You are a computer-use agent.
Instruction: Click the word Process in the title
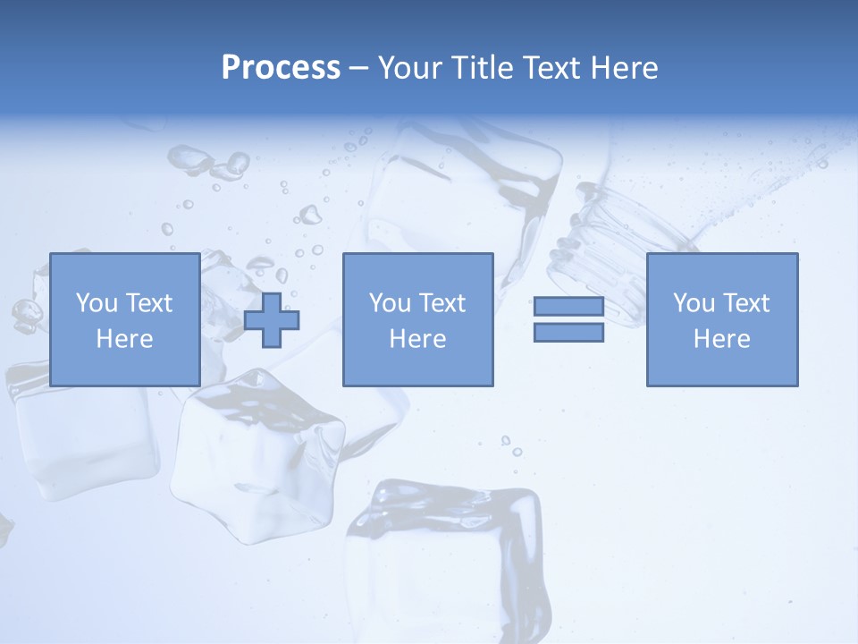pyautogui.click(x=281, y=68)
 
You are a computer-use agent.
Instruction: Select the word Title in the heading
pyautogui.click(x=484, y=68)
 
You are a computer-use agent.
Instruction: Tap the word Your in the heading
pyautogui.click(x=412, y=68)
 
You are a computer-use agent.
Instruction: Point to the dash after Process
pyautogui.click(x=359, y=68)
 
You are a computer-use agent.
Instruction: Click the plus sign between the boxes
pyautogui.click(x=272, y=319)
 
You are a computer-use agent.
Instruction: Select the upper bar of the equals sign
pyautogui.click(x=568, y=307)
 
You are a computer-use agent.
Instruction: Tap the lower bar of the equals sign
pyautogui.click(x=568, y=333)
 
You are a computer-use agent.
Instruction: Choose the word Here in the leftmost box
pyautogui.click(x=124, y=339)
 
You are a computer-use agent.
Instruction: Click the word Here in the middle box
pyautogui.click(x=417, y=339)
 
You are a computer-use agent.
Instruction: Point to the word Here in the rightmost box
pyautogui.click(x=721, y=339)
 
